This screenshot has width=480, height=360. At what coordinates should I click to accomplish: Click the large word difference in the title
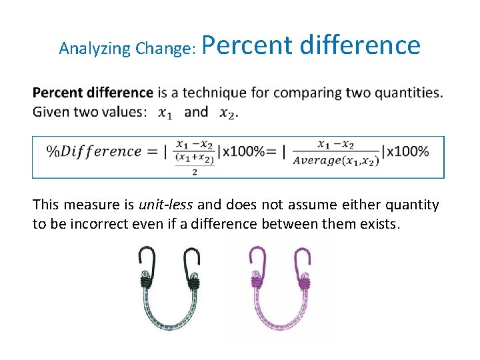pyautogui.click(x=360, y=45)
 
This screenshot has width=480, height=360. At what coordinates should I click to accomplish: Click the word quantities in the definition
pyautogui.click(x=408, y=93)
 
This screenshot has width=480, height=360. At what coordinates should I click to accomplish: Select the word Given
pyautogui.click(x=51, y=111)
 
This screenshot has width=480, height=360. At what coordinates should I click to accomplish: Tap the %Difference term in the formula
pyautogui.click(x=93, y=151)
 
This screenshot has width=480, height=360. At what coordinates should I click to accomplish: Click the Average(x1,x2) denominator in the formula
pyautogui.click(x=335, y=160)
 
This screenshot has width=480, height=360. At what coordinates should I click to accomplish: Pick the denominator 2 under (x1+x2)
pyautogui.click(x=194, y=172)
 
